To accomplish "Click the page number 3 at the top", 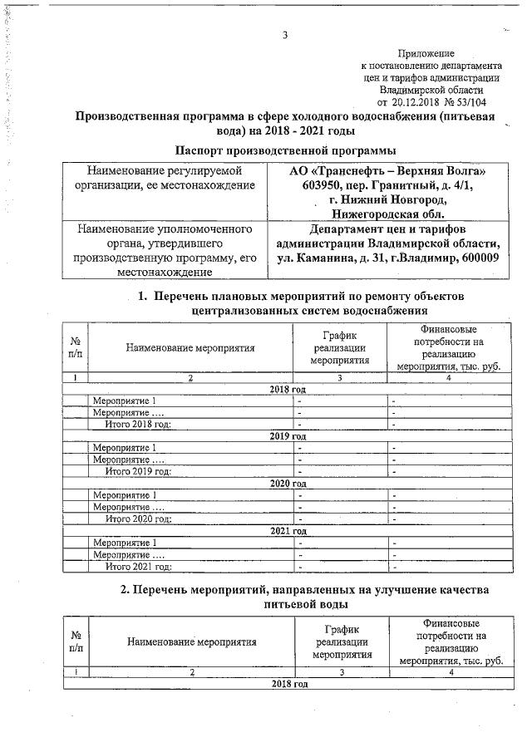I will [285, 35].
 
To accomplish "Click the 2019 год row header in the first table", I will [288, 435].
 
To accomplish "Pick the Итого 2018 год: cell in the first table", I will [138, 424].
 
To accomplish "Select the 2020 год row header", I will [288, 484].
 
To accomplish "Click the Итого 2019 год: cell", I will [138, 472].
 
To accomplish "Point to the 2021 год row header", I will [288, 531].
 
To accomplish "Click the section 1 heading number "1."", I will [142, 297].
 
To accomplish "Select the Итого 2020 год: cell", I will [138, 519].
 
